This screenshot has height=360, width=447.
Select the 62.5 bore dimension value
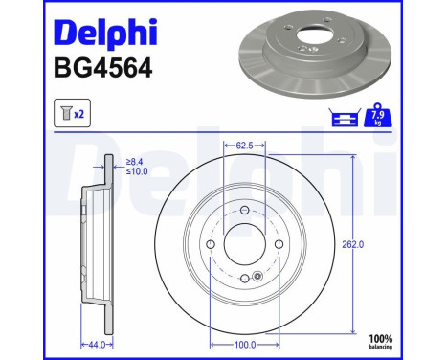point(244,146)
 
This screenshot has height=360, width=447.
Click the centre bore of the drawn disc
point(244,245)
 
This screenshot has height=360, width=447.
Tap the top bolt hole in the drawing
point(244,211)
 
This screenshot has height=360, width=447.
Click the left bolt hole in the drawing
point(210,245)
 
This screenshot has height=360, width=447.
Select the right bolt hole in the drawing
point(279,245)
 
